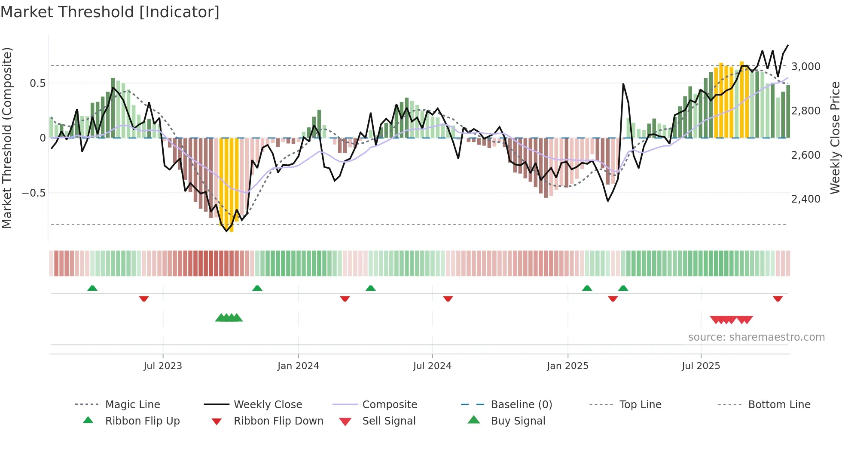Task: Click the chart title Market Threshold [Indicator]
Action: coord(110,12)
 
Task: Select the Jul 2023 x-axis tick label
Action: coord(163,366)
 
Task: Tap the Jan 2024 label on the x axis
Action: coord(298,366)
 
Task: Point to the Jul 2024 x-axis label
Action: coord(432,366)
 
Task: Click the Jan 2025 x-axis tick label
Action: coord(567,366)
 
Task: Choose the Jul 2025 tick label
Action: coord(701,366)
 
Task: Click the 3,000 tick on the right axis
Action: coord(806,67)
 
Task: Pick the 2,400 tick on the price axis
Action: coord(806,199)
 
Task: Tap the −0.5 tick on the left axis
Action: coord(34,193)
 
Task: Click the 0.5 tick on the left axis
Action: coord(37,83)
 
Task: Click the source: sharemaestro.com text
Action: coord(756,337)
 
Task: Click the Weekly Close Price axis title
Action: coord(835,138)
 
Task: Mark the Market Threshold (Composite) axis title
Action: coord(7,138)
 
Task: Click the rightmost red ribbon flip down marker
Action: coord(778,299)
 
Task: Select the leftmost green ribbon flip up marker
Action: coord(92,288)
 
